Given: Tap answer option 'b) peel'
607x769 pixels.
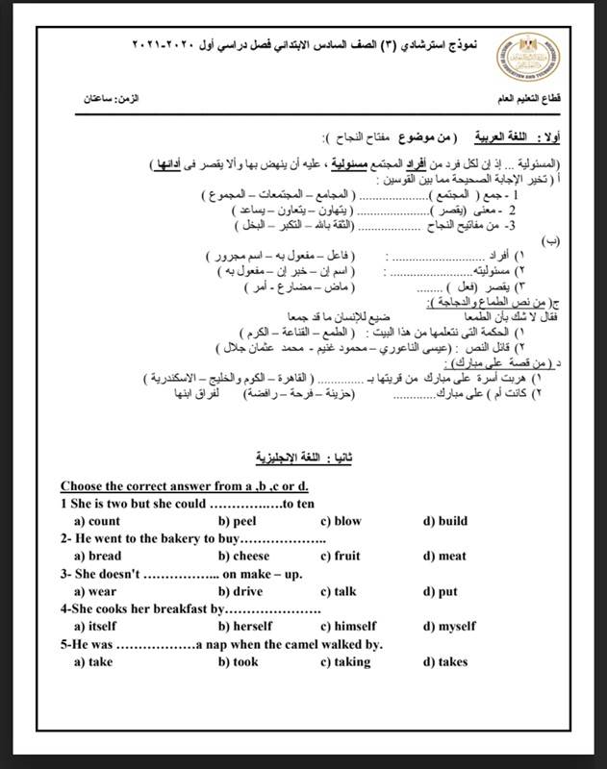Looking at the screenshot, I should (x=236, y=521).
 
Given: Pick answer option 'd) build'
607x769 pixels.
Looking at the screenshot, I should (x=444, y=521).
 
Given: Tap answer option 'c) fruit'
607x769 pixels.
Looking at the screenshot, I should (x=340, y=556).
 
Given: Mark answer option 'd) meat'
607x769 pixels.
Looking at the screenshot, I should (x=443, y=556).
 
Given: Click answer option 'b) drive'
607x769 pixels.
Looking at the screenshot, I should (x=240, y=591).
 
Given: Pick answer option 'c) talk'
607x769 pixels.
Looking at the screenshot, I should (x=338, y=591).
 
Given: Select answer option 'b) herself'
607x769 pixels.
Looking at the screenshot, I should (x=245, y=626).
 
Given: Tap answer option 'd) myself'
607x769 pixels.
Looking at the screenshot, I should (x=449, y=626).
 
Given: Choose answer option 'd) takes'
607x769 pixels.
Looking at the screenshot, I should (x=444, y=661).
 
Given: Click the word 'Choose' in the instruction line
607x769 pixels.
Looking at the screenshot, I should (x=85, y=486).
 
